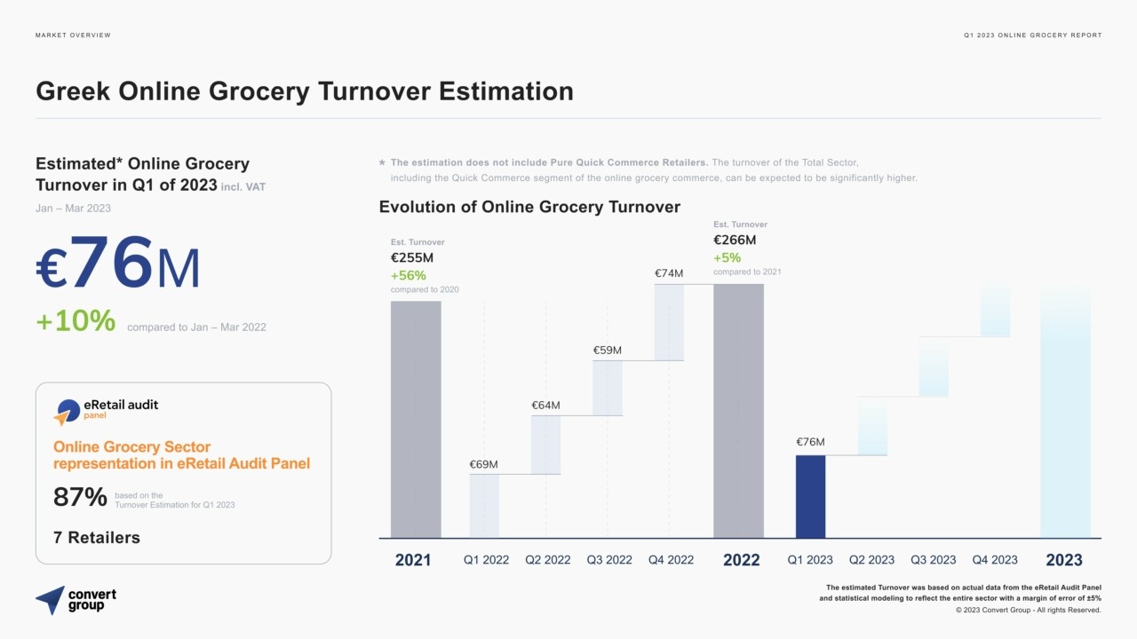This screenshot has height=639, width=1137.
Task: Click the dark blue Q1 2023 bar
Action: pos(810,496)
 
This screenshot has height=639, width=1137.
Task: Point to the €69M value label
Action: pos(483,464)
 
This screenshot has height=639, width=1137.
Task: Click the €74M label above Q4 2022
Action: pos(669,273)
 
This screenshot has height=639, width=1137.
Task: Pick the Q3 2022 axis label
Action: pos(609,560)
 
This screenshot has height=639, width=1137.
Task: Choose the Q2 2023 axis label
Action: pos(871,560)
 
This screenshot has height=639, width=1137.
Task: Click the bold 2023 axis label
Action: pos(1064,560)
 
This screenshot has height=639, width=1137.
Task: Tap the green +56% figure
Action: pos(409,275)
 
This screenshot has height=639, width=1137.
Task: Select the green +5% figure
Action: pos(726,257)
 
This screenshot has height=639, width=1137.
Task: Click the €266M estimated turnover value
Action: pos(735,240)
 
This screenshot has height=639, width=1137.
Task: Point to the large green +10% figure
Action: pos(76,321)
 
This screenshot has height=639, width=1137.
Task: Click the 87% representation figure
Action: pos(80,498)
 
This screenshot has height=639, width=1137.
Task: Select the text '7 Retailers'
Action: pos(97,537)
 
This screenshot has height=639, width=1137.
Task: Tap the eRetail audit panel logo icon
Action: pos(66,412)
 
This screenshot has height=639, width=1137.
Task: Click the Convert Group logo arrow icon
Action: pos(51,599)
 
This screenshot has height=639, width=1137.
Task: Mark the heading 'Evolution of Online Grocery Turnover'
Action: pos(529,207)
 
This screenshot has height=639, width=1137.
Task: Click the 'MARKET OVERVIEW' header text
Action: pos(73,35)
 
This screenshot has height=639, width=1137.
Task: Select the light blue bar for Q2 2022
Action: pos(545,445)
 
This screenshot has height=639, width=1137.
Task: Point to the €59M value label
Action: pos(608,351)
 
